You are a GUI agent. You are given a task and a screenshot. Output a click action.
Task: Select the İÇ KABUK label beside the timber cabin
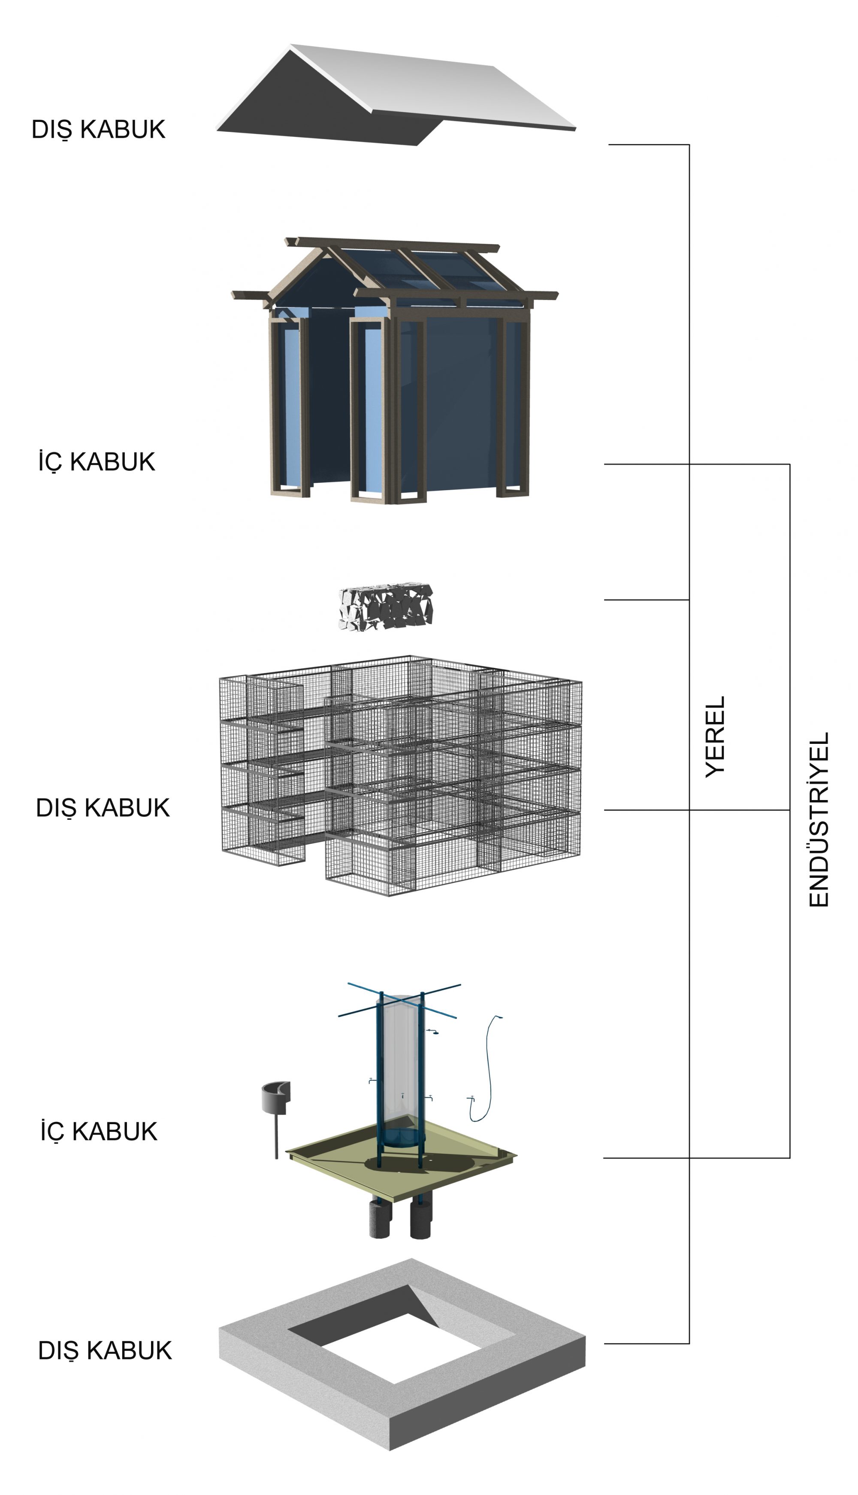(x=97, y=461)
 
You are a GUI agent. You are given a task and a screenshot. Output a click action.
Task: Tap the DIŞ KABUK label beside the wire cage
(x=103, y=808)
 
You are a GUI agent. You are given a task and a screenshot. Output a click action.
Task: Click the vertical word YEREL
(x=716, y=737)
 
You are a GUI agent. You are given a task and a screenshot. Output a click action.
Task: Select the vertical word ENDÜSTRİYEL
(x=819, y=819)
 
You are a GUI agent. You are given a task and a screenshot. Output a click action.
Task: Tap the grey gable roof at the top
(x=396, y=94)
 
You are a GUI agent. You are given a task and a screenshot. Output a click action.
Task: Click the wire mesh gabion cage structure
(x=401, y=775)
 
